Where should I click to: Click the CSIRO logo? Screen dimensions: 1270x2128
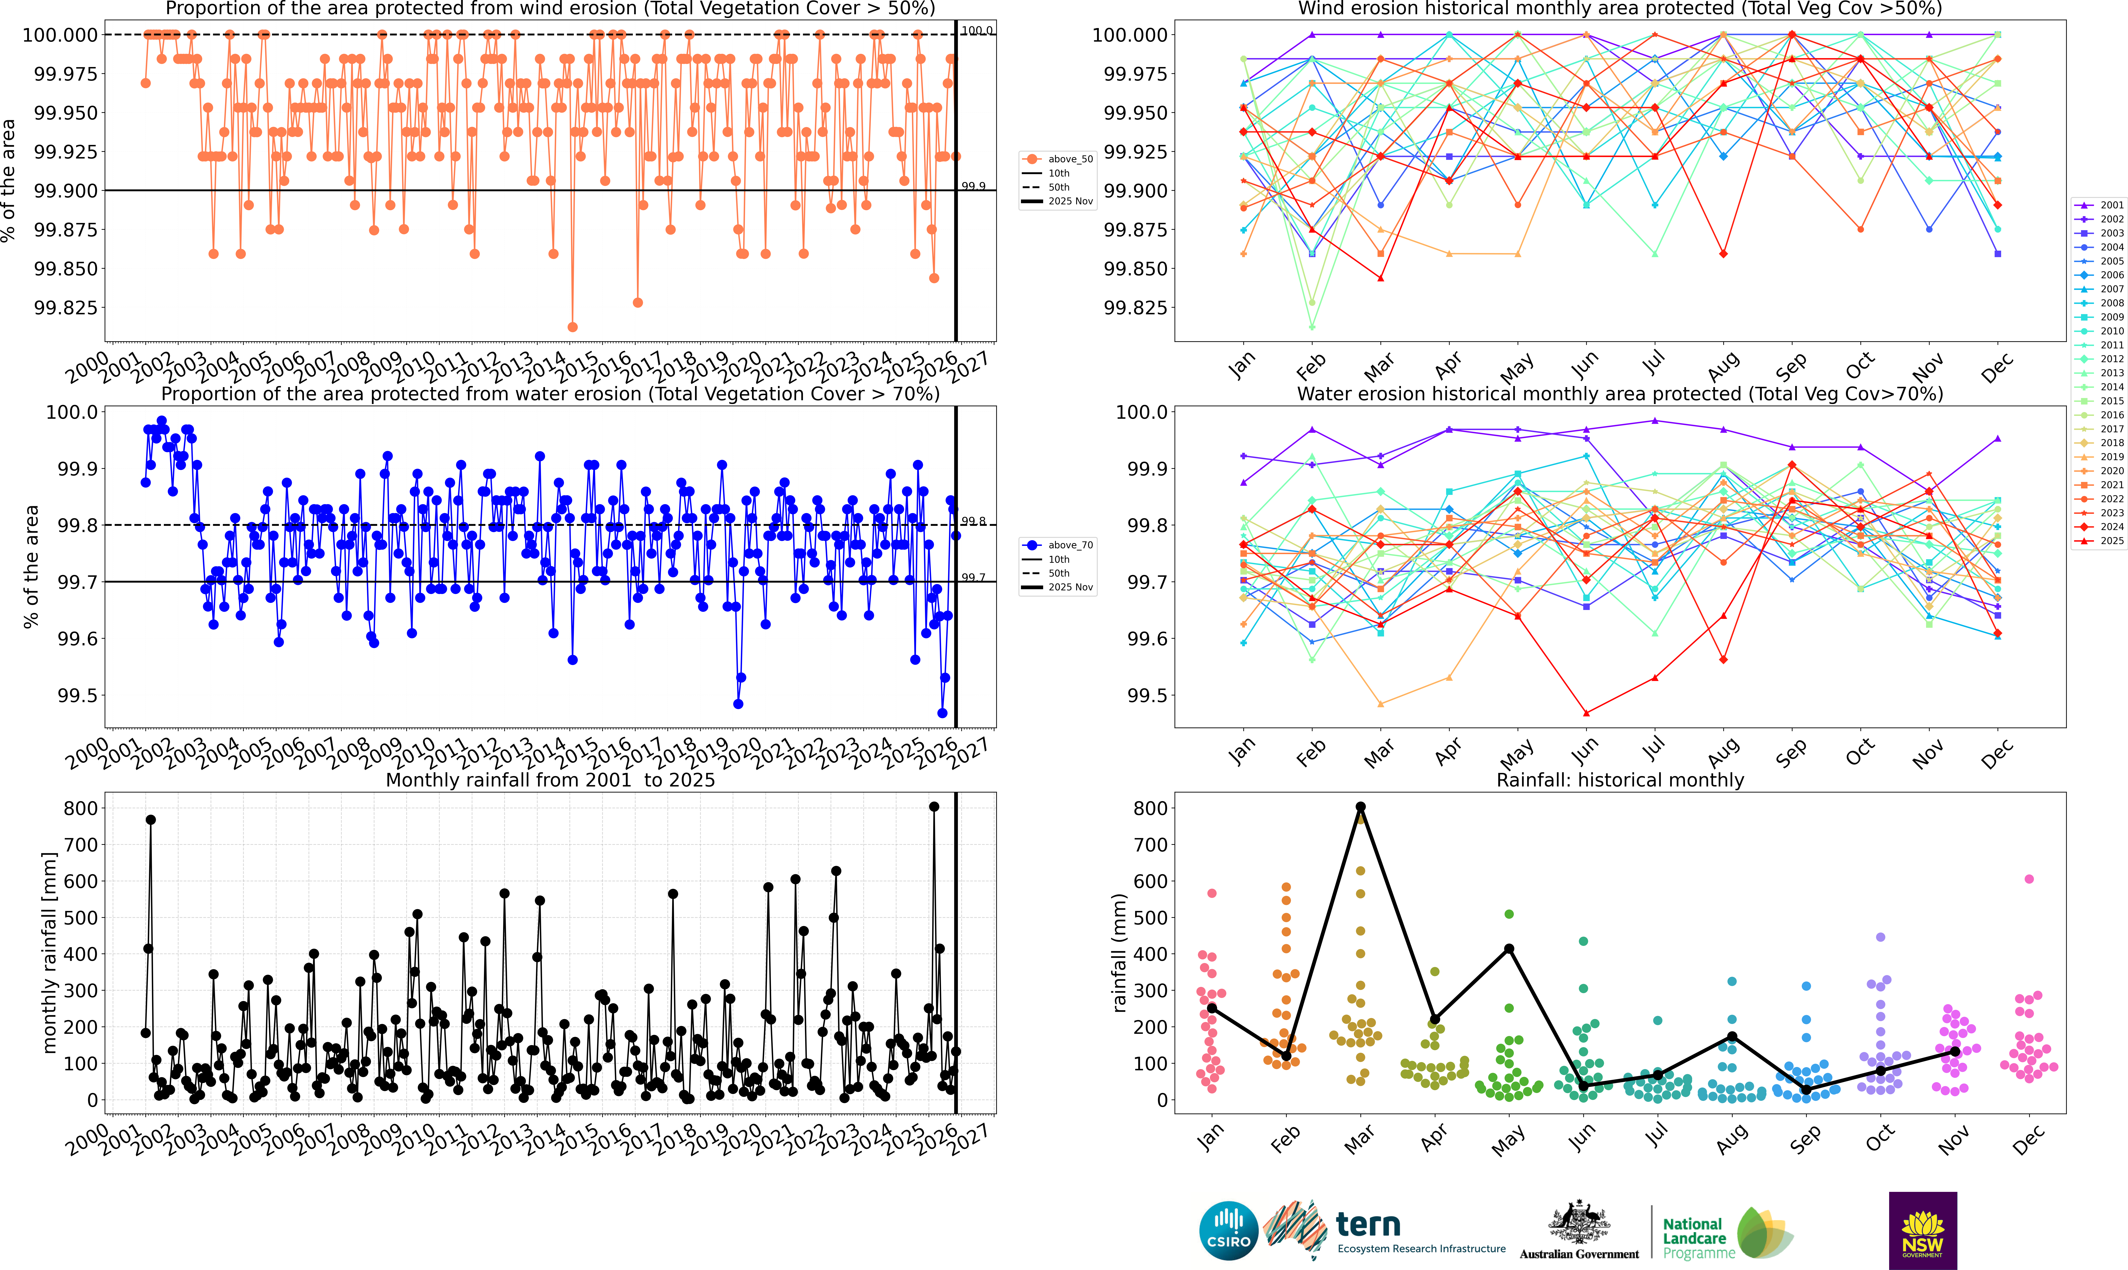(1229, 1231)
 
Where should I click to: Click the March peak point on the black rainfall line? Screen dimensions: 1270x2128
(1360, 807)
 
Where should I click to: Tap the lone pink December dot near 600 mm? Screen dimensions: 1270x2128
(2029, 879)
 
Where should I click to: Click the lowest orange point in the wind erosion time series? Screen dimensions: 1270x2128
(572, 327)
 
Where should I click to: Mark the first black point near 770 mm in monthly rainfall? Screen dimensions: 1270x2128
(150, 820)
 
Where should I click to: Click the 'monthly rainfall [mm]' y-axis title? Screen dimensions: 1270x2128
(50, 953)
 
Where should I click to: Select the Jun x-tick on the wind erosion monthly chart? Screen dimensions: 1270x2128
(1585, 366)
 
